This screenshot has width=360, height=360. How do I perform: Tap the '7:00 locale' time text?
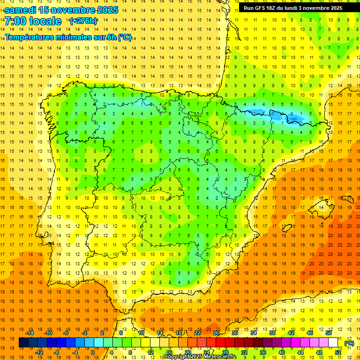tap(33, 21)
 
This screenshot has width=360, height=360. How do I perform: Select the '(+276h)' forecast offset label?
tap(83, 21)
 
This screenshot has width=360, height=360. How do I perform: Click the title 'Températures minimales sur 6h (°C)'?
tap(68, 37)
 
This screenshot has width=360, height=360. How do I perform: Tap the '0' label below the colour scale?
tap(92, 352)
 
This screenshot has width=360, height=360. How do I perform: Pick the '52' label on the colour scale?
tap(338, 352)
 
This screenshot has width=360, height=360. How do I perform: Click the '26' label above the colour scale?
tap(216, 333)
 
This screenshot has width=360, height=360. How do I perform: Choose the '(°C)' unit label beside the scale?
tap(349, 343)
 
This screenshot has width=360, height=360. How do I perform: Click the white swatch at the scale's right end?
tap(333, 343)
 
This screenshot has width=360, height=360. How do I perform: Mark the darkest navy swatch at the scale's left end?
tap(23, 343)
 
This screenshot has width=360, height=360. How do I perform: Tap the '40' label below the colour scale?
tap(282, 352)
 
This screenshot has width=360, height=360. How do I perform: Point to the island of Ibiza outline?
tap(286, 226)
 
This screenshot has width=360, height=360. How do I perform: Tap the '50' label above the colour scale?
tap(329, 333)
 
